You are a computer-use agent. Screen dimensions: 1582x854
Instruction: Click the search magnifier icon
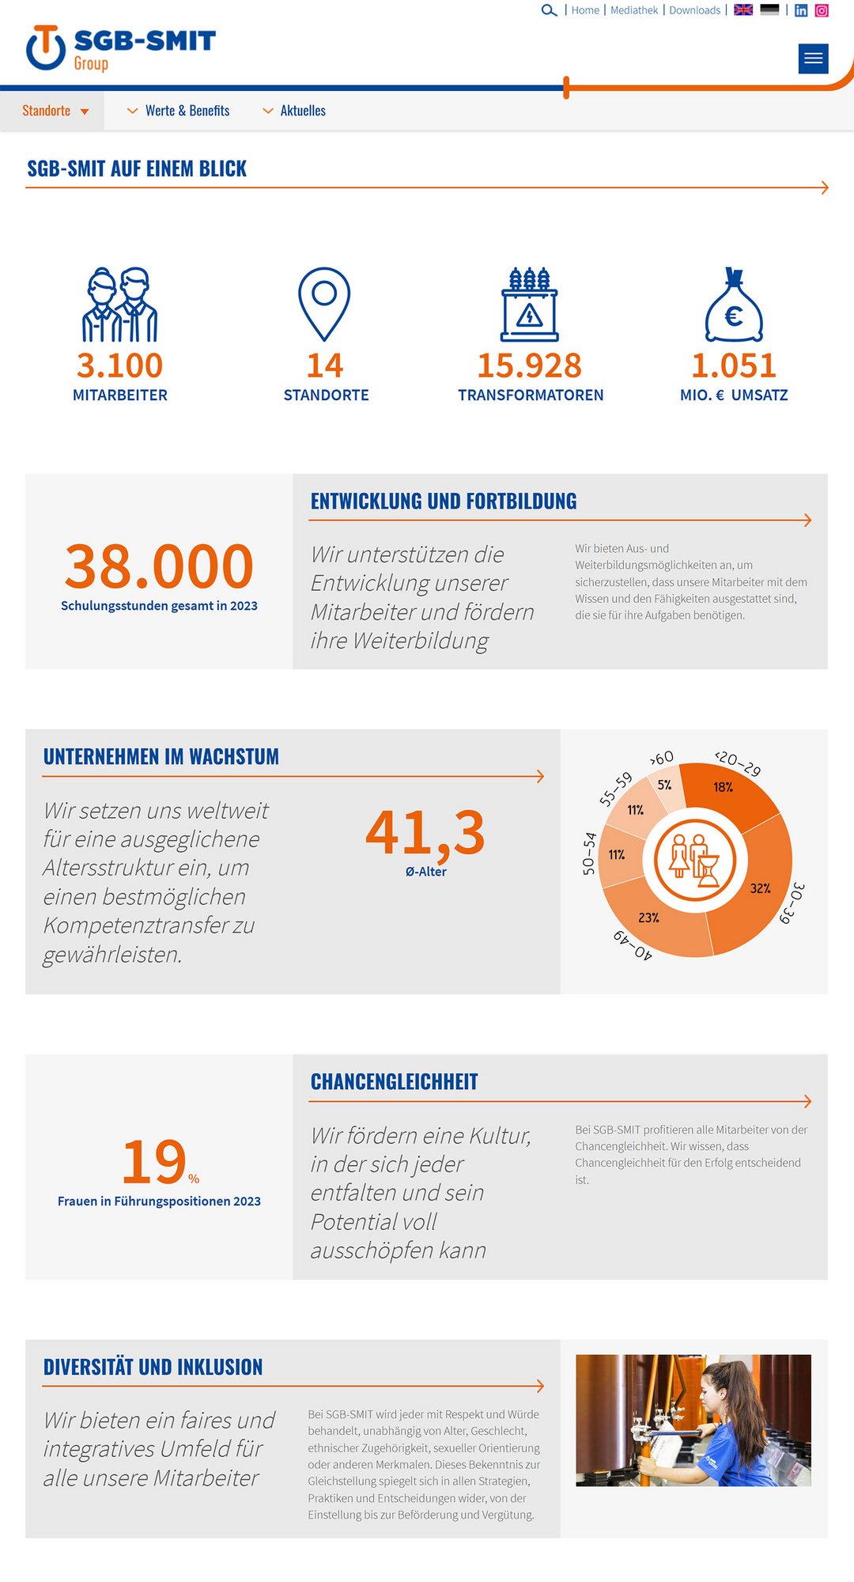point(549,10)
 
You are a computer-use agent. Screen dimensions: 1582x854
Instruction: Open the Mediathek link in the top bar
point(634,10)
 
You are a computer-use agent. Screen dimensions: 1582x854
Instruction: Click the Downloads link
point(694,10)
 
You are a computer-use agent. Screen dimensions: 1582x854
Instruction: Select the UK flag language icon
point(743,10)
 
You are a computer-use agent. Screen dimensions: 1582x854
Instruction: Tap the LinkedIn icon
point(801,10)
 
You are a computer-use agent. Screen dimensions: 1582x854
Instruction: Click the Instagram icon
point(822,10)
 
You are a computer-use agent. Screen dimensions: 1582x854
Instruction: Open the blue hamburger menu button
point(813,59)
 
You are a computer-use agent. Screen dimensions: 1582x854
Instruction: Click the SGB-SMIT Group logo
point(121,47)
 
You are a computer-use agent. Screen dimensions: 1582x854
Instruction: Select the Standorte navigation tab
point(52,111)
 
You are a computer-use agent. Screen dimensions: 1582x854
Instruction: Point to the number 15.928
point(529,365)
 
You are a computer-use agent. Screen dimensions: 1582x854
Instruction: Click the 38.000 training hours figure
point(159,566)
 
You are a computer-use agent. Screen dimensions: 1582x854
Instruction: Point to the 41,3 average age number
point(425,832)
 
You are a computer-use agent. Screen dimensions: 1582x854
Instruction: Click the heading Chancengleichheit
point(394,1081)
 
